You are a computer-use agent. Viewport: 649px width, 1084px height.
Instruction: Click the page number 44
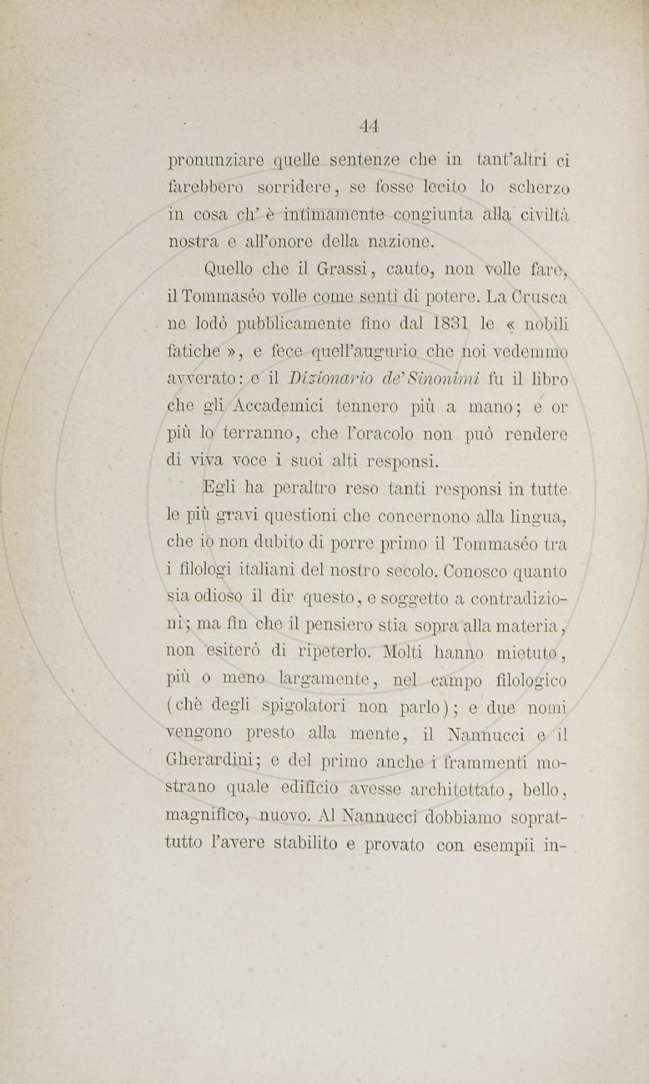point(370,126)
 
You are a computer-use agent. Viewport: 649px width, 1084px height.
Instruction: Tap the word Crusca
point(537,295)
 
